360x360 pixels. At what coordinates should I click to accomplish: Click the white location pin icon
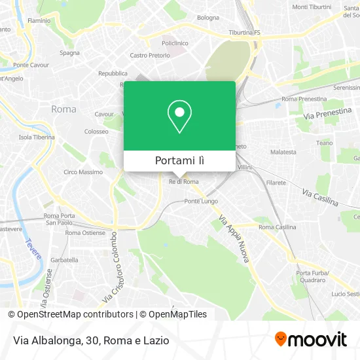(x=179, y=116)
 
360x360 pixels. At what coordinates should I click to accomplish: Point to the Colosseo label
(x=96, y=132)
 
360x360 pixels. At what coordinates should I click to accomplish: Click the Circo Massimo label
(x=82, y=172)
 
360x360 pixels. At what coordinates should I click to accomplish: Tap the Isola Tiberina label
(x=36, y=137)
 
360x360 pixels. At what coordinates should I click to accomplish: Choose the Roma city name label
(x=63, y=109)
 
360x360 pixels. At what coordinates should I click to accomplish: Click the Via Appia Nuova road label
(x=234, y=240)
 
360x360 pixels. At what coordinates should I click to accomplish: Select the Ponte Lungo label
(x=201, y=201)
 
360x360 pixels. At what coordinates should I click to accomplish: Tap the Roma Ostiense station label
(x=85, y=232)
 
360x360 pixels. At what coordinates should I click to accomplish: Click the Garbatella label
(x=64, y=260)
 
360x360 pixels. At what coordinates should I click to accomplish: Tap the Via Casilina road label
(x=319, y=196)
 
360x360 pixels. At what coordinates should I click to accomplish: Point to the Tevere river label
(x=33, y=249)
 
